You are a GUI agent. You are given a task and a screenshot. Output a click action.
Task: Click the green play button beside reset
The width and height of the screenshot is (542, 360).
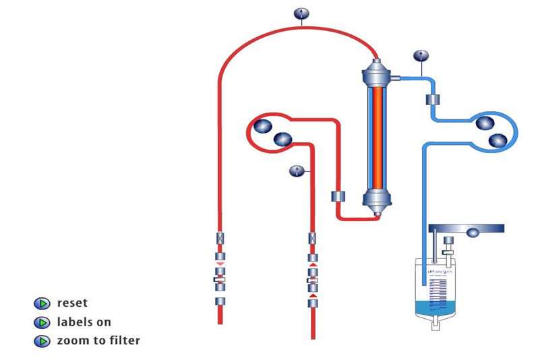click(42, 304)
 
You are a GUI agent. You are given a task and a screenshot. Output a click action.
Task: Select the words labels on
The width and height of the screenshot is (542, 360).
click(84, 322)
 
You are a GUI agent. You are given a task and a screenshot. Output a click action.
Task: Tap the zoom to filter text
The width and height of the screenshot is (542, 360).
click(98, 340)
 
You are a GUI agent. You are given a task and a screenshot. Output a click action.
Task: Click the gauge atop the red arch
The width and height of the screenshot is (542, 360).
click(301, 13)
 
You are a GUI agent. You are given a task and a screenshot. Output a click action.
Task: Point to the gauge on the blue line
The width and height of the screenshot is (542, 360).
click(421, 55)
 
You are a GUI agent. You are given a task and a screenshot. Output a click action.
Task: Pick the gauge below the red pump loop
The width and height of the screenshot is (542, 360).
click(296, 171)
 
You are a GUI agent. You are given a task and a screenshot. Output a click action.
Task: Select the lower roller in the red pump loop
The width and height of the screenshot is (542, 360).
click(282, 140)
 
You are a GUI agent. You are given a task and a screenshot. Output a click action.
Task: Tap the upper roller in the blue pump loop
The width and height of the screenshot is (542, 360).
click(485, 124)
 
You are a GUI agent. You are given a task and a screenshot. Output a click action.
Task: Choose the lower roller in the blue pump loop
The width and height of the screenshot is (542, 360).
click(498, 140)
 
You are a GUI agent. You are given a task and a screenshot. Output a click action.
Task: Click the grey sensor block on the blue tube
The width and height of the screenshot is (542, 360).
click(433, 100)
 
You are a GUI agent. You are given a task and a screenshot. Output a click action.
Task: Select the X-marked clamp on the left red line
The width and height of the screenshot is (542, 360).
click(220, 238)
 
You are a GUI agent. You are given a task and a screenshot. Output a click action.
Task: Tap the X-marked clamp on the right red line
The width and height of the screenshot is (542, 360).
click(312, 238)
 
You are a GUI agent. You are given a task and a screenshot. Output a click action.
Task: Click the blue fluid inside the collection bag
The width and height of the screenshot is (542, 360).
click(438, 309)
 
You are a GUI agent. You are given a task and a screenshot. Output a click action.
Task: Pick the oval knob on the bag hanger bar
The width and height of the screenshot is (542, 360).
click(473, 233)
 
